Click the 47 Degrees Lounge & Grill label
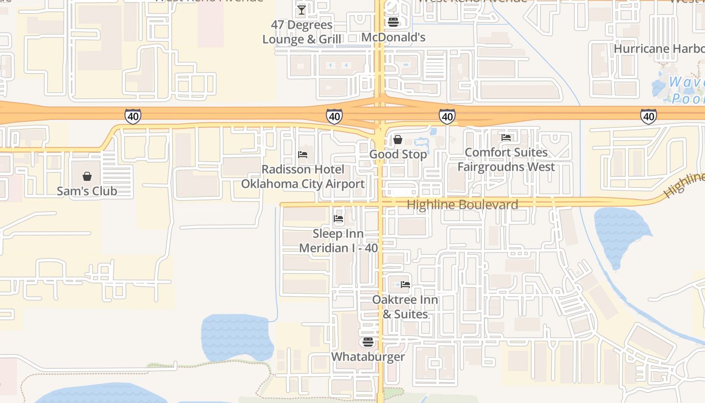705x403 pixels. coord(302,32)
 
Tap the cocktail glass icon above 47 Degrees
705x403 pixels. coord(302,10)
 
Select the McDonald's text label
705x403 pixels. coord(393,37)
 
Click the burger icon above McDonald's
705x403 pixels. coord(393,22)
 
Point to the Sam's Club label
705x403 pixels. coord(87,191)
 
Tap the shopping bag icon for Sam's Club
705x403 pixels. coord(87,176)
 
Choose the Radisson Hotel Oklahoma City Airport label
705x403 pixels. coord(303,176)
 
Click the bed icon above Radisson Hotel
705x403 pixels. coord(303,154)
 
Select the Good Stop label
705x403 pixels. coord(398,154)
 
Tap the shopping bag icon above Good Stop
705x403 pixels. coord(398,139)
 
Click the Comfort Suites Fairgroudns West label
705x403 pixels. coord(506,159)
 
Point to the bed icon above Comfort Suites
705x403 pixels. coord(506,137)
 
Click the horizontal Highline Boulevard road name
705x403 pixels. coord(462,205)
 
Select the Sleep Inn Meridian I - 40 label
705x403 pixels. coord(338,241)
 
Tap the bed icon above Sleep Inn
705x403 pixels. coord(338,219)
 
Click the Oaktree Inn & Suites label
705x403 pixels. coord(405,307)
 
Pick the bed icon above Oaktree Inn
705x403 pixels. coord(405,285)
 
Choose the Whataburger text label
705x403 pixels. coord(368,357)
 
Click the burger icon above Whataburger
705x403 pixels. coord(368,342)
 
